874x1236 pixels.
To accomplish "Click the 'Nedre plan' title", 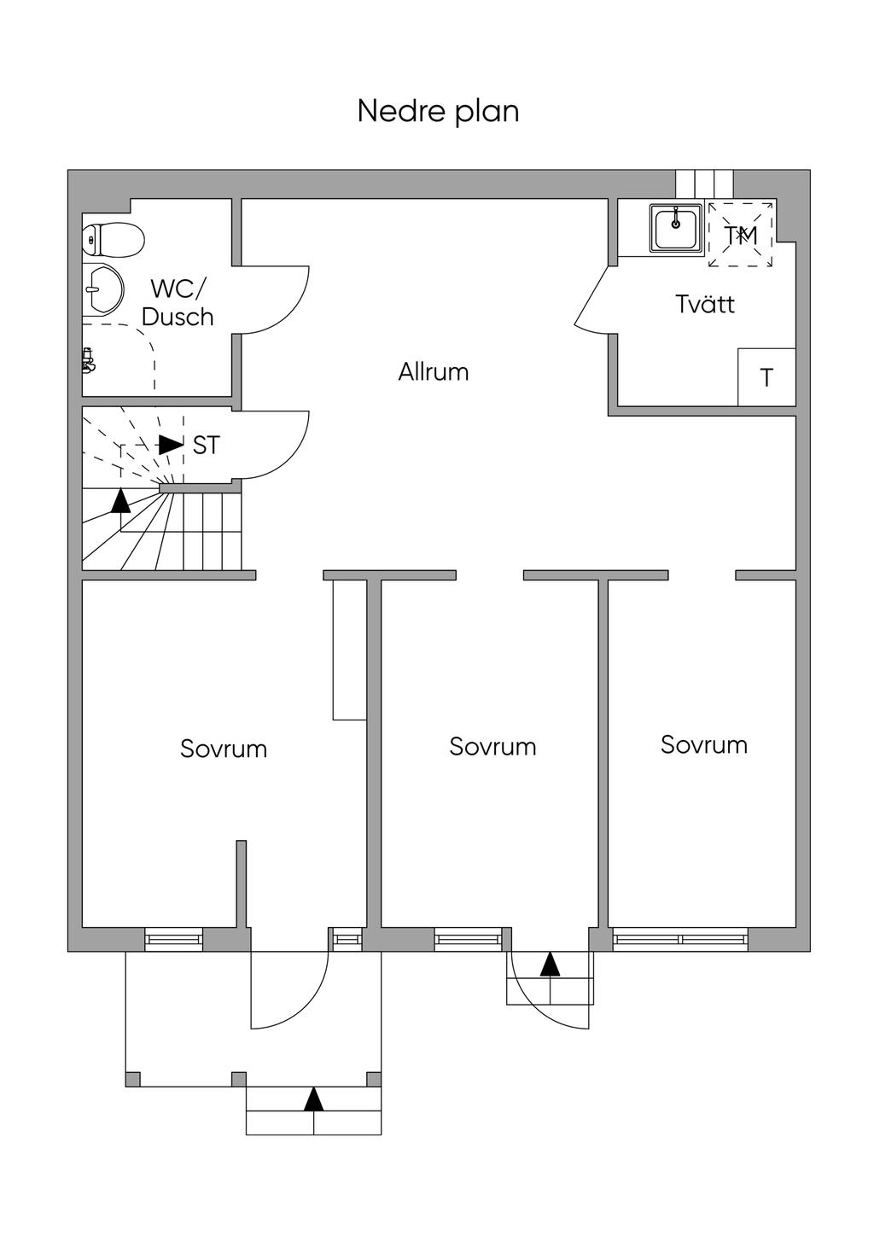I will click(x=438, y=112).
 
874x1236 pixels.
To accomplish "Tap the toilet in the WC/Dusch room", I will click(x=113, y=240).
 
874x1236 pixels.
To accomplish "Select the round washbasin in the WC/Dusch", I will click(x=103, y=289).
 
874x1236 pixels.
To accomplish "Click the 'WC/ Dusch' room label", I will click(x=178, y=302).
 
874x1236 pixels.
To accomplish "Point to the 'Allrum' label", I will click(x=434, y=372).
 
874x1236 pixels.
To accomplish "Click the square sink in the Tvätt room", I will click(x=676, y=227).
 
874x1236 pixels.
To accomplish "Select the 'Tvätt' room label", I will click(x=705, y=304).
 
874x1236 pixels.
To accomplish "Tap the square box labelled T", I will click(x=766, y=376).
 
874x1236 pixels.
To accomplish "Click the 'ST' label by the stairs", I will click(x=206, y=445).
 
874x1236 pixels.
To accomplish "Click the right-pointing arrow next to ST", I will click(x=171, y=445).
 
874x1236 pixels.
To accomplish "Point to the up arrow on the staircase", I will click(x=121, y=500).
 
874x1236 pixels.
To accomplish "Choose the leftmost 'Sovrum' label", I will click(x=224, y=749).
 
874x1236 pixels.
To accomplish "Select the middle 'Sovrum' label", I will click(x=492, y=747).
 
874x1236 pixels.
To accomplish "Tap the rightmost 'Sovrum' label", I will click(x=704, y=744).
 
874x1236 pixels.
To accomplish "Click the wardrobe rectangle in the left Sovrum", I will click(x=349, y=650).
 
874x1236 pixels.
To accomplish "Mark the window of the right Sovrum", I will click(x=680, y=939).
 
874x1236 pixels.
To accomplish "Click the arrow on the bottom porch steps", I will click(x=314, y=1099).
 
